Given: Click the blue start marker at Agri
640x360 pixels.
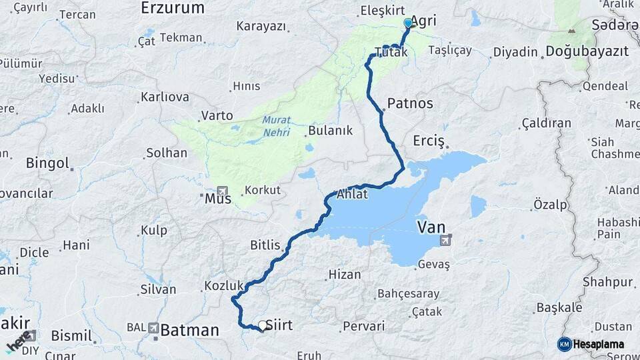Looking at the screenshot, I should (x=408, y=23).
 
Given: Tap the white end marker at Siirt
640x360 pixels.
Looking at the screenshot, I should (x=263, y=326).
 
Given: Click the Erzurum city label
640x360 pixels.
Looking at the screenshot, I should (x=172, y=8).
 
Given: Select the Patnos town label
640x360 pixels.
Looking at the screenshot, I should (x=410, y=103).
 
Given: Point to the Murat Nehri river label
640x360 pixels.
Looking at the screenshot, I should (x=276, y=126).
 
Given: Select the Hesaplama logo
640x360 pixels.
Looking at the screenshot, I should (x=591, y=344).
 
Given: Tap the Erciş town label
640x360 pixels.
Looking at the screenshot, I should (x=428, y=141).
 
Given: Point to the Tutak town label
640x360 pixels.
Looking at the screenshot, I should (x=391, y=52).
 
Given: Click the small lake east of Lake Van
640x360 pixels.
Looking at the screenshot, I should (x=478, y=206).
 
